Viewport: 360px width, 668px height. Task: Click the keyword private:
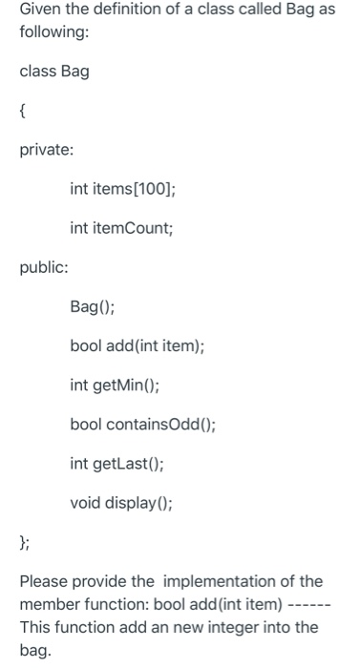point(48,151)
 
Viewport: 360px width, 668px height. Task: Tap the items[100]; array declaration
point(134,190)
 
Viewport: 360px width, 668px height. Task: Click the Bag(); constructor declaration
point(94,307)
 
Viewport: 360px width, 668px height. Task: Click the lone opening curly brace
point(23,113)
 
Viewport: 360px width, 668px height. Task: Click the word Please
point(44,581)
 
